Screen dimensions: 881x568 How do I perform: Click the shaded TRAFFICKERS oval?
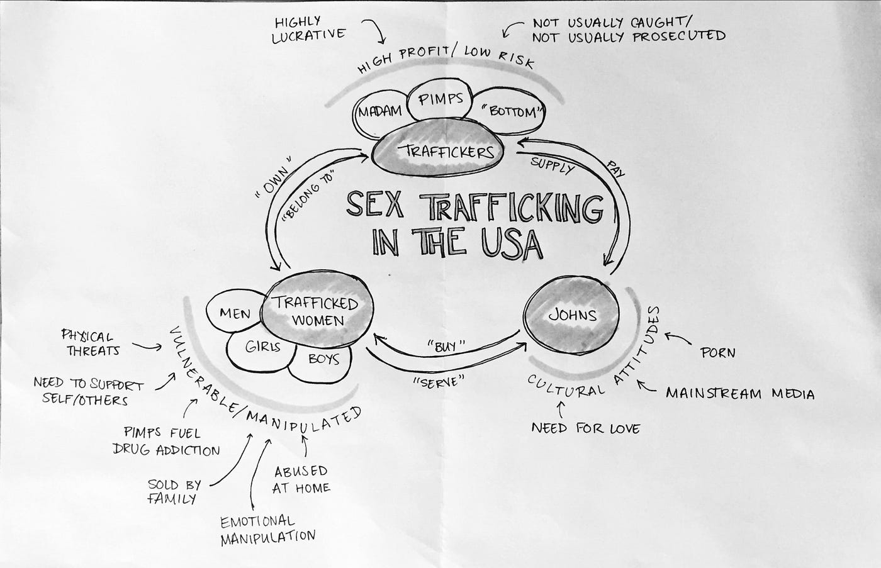click(438, 151)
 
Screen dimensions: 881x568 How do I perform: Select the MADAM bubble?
click(380, 113)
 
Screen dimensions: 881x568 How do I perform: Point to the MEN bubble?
click(235, 313)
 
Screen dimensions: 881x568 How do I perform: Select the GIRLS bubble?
click(262, 347)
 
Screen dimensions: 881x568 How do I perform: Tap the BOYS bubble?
click(323, 359)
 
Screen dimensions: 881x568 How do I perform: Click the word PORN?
click(717, 352)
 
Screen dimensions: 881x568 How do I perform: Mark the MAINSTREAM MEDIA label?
click(740, 394)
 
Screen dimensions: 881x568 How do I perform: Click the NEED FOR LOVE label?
click(585, 429)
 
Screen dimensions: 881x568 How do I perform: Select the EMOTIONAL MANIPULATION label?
click(267, 528)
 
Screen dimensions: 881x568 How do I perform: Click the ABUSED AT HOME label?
click(301, 479)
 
